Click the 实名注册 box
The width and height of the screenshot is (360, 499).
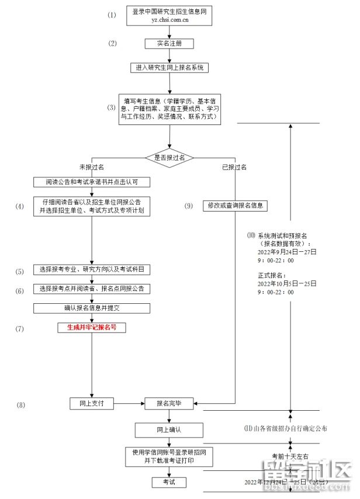[169, 44]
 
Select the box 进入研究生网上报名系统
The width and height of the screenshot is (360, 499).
[169, 67]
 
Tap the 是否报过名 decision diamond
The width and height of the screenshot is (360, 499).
[169, 158]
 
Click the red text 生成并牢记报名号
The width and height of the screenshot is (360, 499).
[92, 328]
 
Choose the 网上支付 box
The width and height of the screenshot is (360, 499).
[91, 403]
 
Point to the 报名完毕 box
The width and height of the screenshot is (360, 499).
[169, 403]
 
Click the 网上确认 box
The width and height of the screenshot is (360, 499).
[169, 430]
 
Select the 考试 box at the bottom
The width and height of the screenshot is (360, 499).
[169, 482]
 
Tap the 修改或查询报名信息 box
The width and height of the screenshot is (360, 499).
[234, 206]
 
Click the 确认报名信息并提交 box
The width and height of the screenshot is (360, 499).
[92, 307]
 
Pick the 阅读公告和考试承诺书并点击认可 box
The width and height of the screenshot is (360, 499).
[92, 182]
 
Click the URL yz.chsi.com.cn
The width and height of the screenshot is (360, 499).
[169, 19]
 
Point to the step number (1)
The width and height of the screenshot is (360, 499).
[112, 15]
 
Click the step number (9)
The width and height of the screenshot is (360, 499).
[188, 206]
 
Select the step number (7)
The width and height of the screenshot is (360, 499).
[20, 328]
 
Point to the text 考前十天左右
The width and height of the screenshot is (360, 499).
[290, 455]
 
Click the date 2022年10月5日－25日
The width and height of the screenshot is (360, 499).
[286, 283]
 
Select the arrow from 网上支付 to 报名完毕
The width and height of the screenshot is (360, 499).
[129, 403]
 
